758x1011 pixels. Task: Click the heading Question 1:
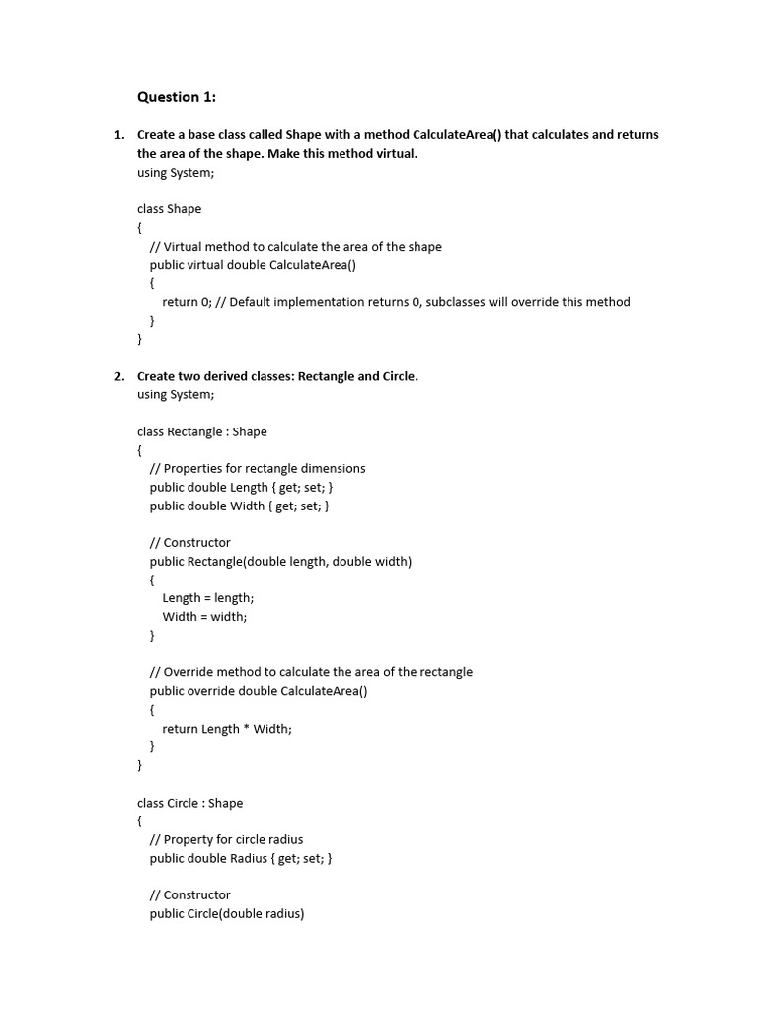pyautogui.click(x=177, y=97)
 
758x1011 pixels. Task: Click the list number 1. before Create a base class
pyautogui.click(x=119, y=134)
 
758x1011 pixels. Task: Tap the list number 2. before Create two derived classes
pyautogui.click(x=119, y=376)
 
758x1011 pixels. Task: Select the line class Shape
pyautogui.click(x=169, y=209)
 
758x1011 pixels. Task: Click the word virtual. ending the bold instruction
pyautogui.click(x=393, y=154)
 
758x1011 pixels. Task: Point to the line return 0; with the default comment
pyautogui.click(x=396, y=302)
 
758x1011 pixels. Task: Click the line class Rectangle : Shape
pyautogui.click(x=201, y=431)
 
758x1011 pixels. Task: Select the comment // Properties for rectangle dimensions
pyautogui.click(x=258, y=468)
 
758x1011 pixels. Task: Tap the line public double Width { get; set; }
pyautogui.click(x=240, y=505)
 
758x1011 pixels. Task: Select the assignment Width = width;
pyautogui.click(x=205, y=617)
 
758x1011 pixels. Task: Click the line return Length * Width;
pyautogui.click(x=228, y=729)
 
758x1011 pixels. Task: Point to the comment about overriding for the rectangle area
pyautogui.click(x=311, y=672)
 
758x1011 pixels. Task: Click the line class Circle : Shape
pyautogui.click(x=189, y=803)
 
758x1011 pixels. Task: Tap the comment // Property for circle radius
pyautogui.click(x=226, y=839)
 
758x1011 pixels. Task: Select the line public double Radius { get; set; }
pyautogui.click(x=241, y=858)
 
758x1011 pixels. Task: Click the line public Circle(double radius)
pyautogui.click(x=227, y=913)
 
